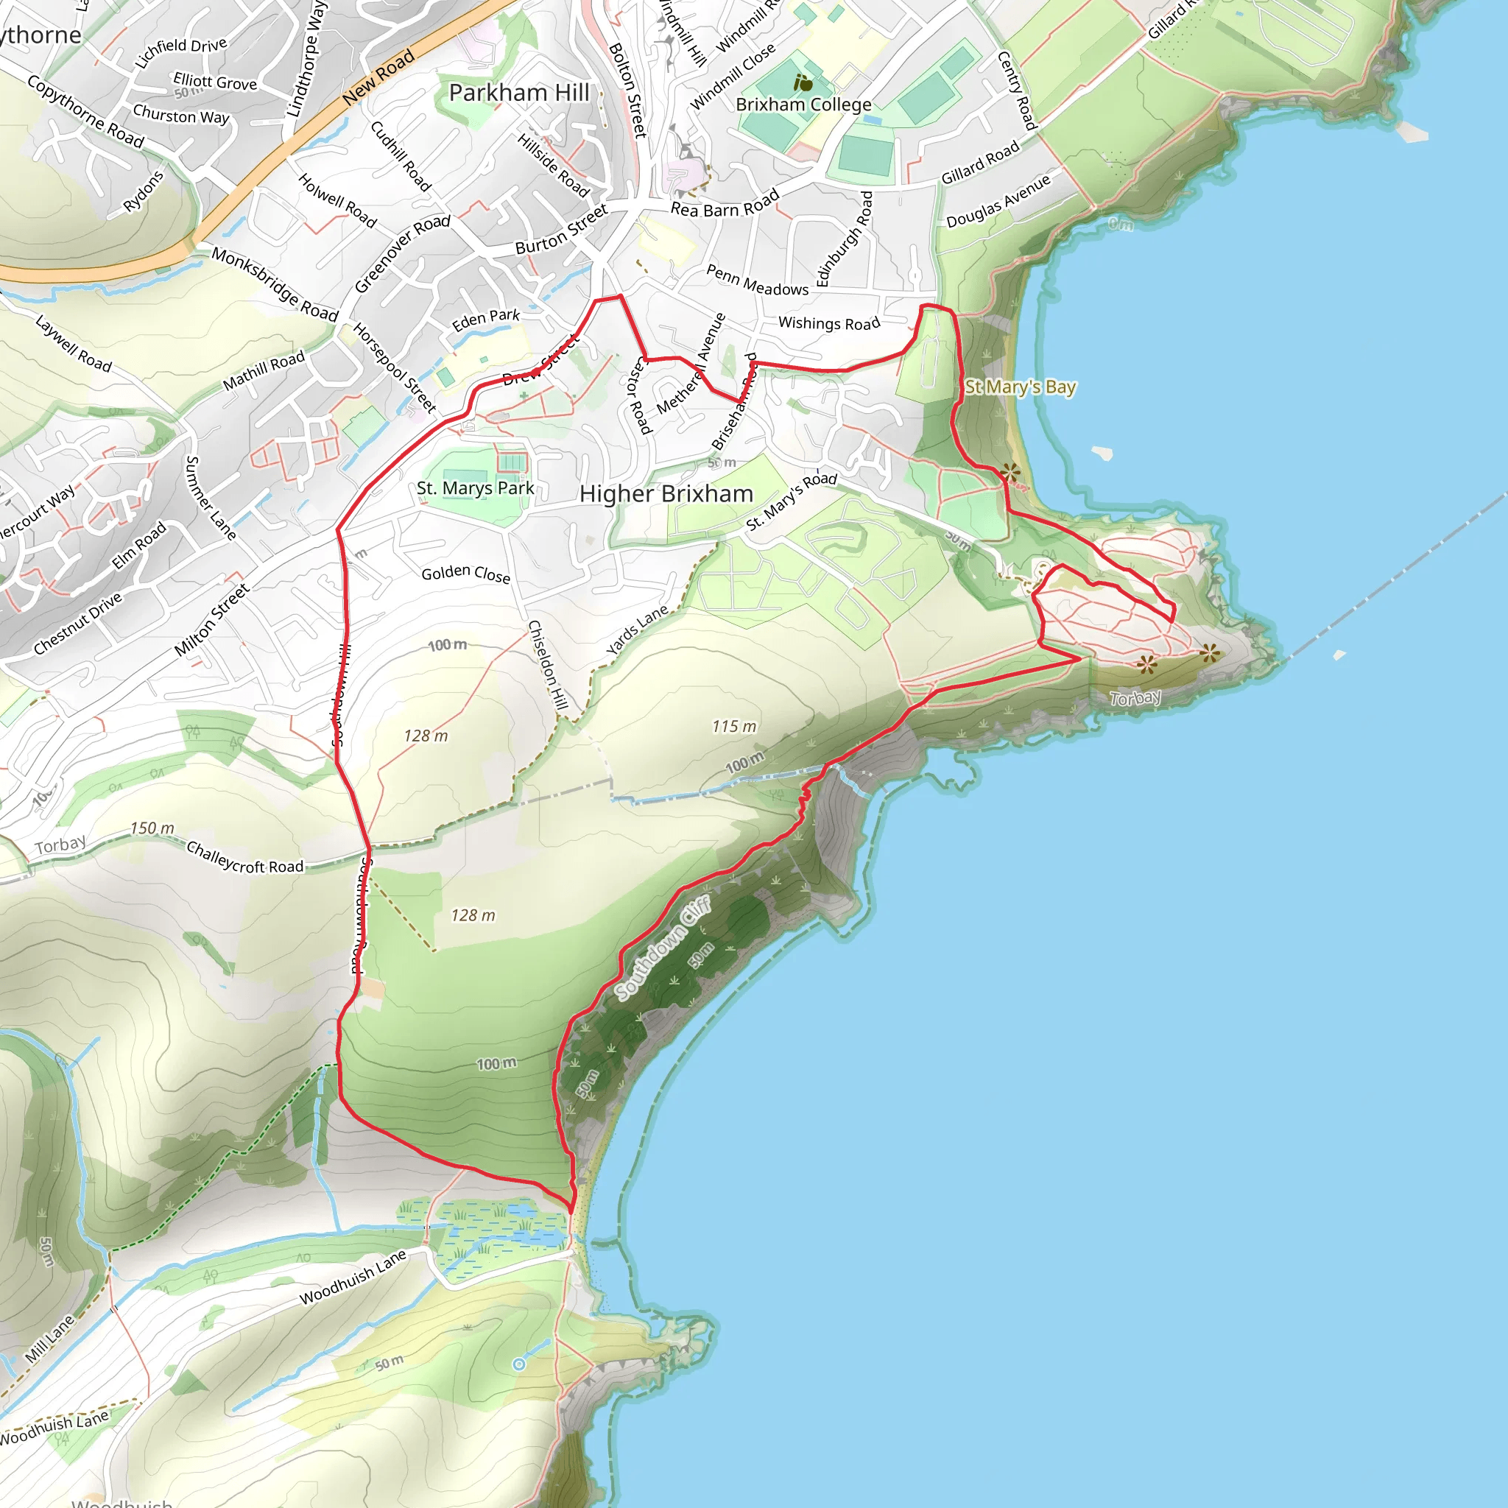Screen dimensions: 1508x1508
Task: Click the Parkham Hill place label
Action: coord(519,93)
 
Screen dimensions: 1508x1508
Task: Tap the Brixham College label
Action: coord(803,105)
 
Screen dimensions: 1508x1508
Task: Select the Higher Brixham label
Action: coord(666,494)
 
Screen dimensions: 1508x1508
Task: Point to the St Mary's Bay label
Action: coord(1020,387)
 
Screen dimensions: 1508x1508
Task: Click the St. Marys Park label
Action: coord(476,489)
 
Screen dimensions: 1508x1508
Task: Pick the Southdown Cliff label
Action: coord(663,948)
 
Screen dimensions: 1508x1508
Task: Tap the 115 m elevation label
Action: coord(733,727)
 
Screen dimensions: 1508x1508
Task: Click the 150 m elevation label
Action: coord(152,828)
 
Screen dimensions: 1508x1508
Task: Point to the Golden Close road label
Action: coord(465,574)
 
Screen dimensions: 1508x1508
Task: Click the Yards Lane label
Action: coord(637,629)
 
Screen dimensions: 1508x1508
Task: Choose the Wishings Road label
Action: coord(829,323)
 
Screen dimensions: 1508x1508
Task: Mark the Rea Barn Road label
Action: coord(725,205)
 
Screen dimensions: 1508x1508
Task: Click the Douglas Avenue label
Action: coord(998,201)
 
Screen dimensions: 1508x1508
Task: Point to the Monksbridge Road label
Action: coord(275,285)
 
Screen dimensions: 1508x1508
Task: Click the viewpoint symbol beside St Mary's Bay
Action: coord(1011,472)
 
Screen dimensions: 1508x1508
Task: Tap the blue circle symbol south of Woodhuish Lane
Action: coord(519,1364)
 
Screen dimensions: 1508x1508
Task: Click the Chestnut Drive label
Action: coord(78,623)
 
